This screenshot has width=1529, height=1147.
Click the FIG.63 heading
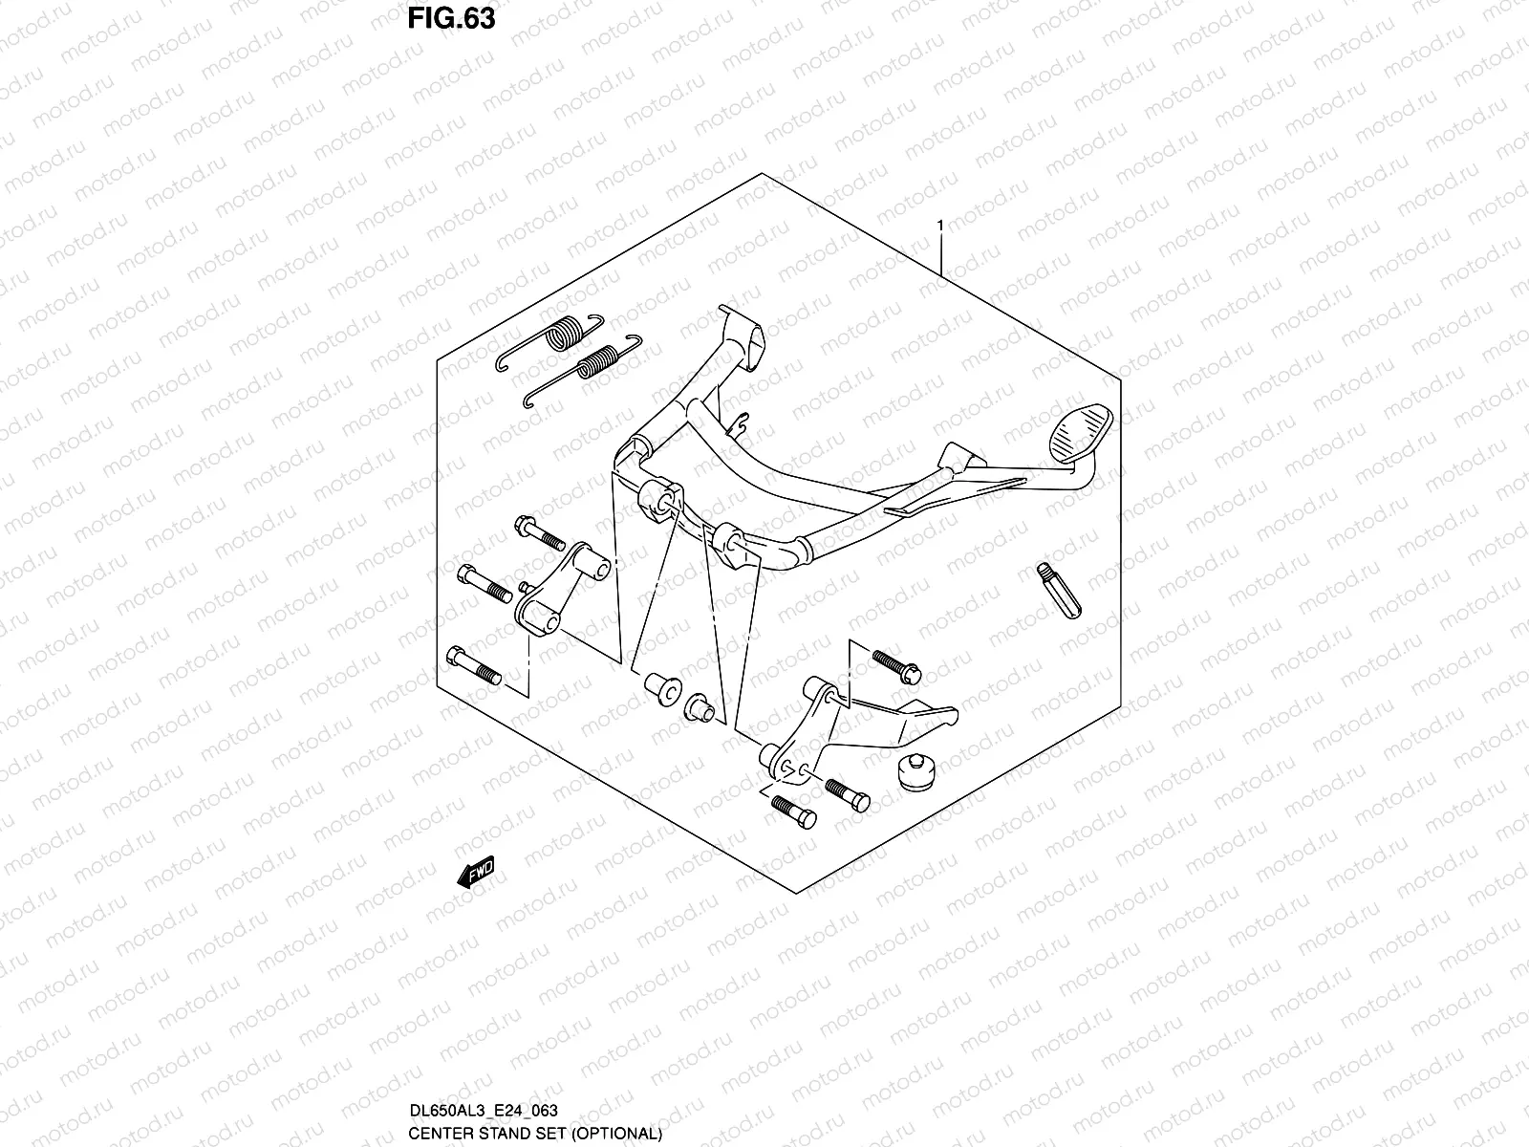(x=451, y=18)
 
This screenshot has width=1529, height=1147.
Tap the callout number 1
(x=940, y=226)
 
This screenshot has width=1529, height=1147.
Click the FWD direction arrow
(x=475, y=872)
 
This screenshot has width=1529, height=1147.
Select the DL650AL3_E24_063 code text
(x=482, y=1110)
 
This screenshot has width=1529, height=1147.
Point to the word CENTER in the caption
(x=442, y=1133)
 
